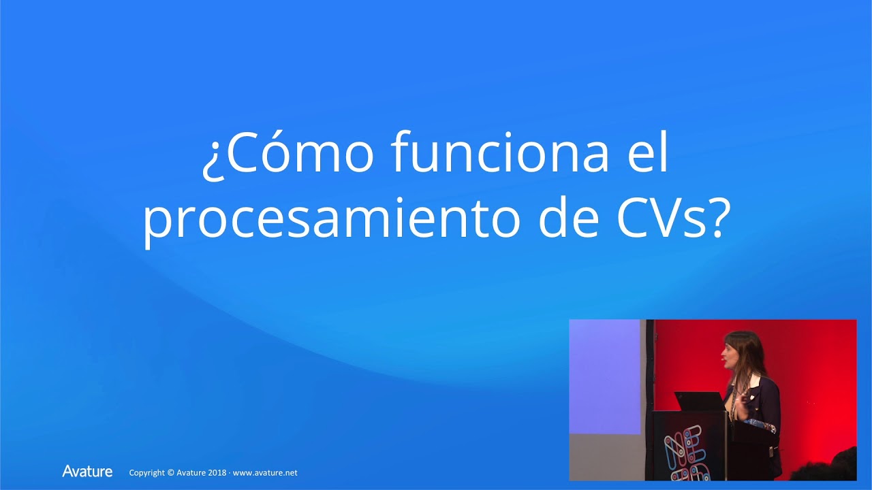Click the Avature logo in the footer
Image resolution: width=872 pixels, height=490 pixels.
click(87, 471)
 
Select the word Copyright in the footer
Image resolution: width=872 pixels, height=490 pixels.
click(147, 472)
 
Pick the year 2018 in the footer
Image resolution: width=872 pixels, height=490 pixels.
click(215, 472)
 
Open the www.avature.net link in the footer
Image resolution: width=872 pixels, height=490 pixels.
click(265, 472)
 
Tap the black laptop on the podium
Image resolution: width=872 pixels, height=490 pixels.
click(698, 401)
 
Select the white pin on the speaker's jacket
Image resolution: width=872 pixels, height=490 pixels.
click(755, 379)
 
